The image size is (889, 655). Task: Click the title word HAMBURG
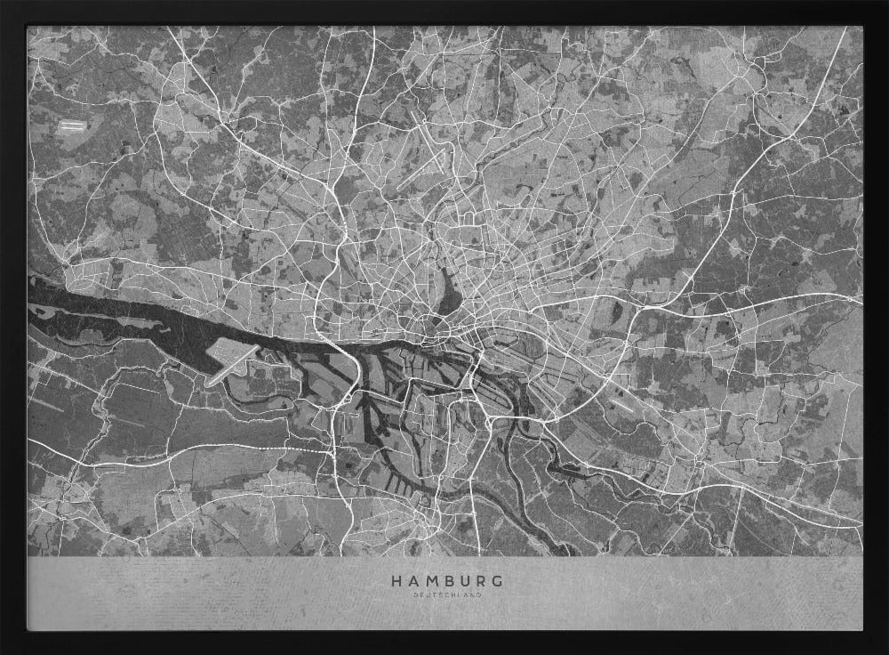(444, 581)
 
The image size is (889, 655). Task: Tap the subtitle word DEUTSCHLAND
(444, 595)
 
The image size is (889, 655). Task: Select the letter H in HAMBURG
(396, 581)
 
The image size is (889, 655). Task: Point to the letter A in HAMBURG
(411, 581)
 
